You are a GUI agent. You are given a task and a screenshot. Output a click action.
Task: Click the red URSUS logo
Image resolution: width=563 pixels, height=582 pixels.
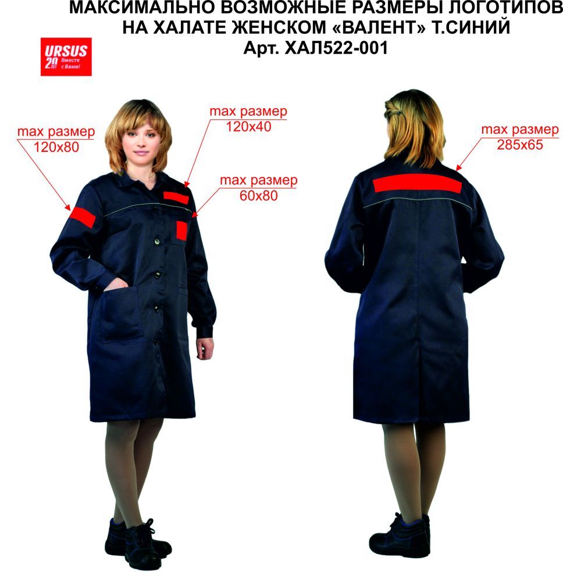coord(66,57)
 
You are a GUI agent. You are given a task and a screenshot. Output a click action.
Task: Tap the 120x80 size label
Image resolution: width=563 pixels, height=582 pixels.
coord(56,147)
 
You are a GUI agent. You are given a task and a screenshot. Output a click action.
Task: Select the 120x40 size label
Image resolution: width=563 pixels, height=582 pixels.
coord(248,127)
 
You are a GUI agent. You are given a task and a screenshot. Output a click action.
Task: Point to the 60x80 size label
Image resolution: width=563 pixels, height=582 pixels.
coord(258,196)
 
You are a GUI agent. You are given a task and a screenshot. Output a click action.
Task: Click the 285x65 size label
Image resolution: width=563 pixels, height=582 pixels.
coord(520,145)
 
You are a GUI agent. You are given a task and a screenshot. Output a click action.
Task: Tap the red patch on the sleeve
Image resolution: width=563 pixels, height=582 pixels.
coord(83,217)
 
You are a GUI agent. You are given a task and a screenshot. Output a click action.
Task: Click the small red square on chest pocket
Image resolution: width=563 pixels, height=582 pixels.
coord(181,230)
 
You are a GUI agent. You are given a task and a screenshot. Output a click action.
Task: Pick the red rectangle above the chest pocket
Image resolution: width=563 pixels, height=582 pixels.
coord(176,198)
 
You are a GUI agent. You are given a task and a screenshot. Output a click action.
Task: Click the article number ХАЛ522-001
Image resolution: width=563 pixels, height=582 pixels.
coord(336,48)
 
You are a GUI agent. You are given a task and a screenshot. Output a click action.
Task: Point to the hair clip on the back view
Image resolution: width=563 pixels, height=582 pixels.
coord(397,111)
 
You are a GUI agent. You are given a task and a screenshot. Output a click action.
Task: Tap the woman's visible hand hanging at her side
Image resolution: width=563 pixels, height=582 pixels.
coord(205,348)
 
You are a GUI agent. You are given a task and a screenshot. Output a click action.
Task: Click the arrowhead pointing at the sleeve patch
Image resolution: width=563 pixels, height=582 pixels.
coord(67,207)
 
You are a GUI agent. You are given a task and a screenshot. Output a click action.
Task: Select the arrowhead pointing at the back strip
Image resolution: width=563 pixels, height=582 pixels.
coord(459,168)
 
